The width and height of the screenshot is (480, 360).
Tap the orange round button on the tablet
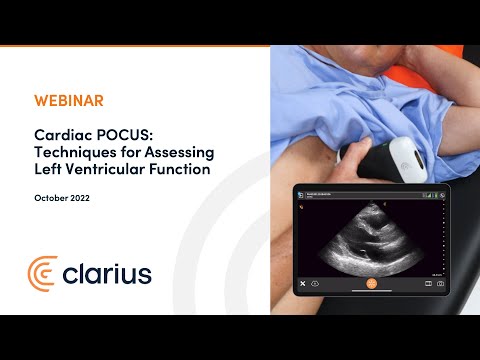[x=371, y=283]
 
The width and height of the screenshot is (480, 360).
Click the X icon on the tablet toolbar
[x=302, y=283]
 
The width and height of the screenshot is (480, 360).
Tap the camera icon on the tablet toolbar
[x=440, y=283]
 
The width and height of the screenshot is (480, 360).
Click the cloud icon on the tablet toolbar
[x=317, y=283]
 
